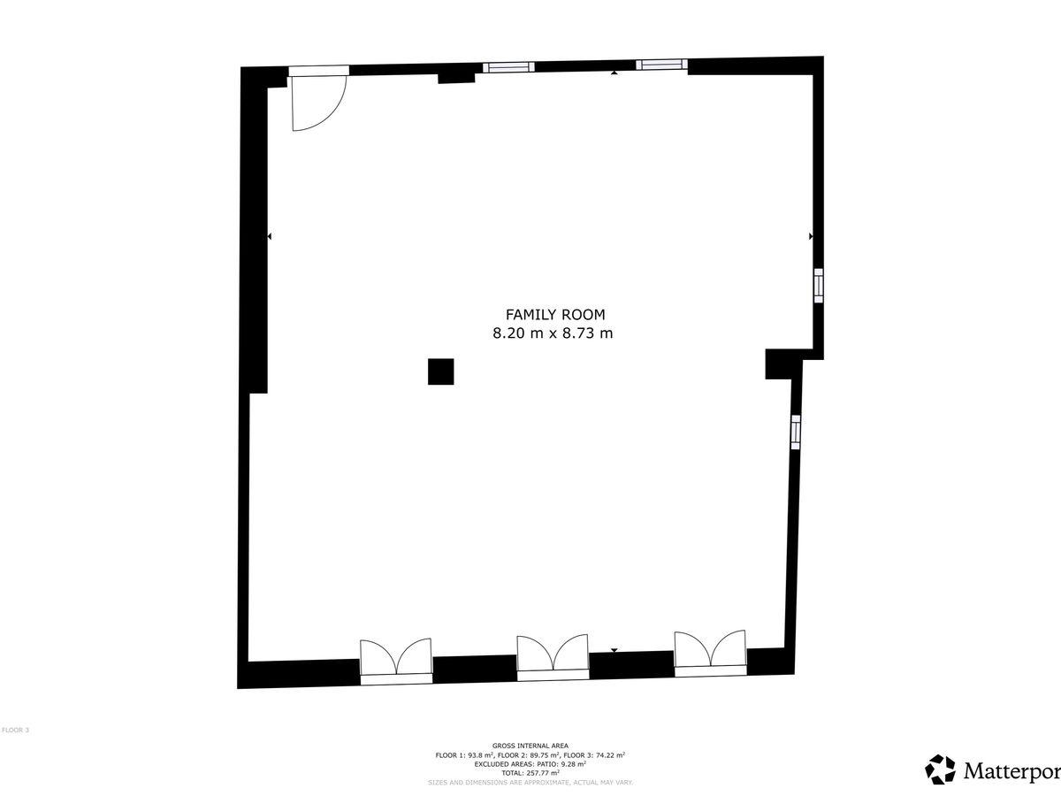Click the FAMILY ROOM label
click(x=555, y=315)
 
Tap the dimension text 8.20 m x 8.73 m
click(x=553, y=333)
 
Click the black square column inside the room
click(x=441, y=371)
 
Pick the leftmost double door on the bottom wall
click(x=396, y=661)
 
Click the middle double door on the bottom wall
click(x=553, y=658)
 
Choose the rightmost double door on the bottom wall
click(x=711, y=653)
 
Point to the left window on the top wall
click(x=509, y=67)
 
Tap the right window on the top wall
click(x=661, y=65)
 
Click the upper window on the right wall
click(x=819, y=286)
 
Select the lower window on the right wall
click(x=796, y=432)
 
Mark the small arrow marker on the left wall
click(x=270, y=236)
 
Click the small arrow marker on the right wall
click(x=811, y=236)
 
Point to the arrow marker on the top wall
click(x=614, y=73)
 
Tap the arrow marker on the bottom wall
click(x=614, y=651)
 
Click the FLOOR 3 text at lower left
click(x=15, y=730)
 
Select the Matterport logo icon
click(x=940, y=769)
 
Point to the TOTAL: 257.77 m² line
click(x=530, y=773)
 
